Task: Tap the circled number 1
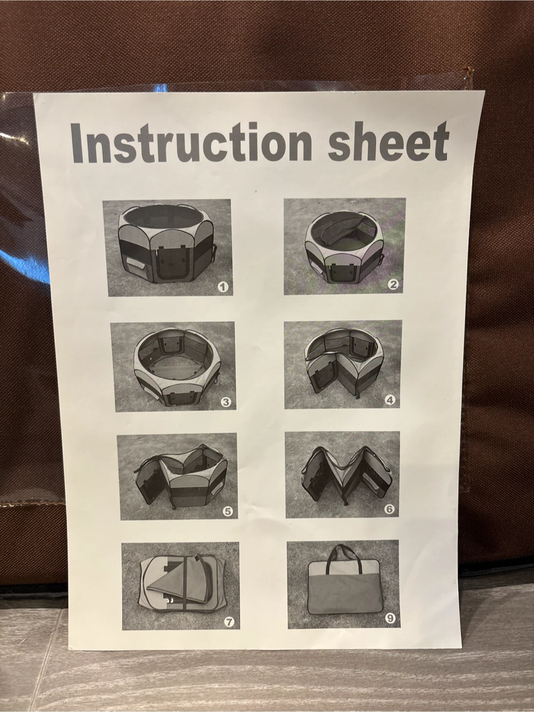click(223, 286)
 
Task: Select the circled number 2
click(393, 284)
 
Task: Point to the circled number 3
click(225, 402)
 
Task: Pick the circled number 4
click(390, 400)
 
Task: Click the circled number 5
click(228, 512)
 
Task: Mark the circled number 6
click(390, 509)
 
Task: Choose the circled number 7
click(229, 622)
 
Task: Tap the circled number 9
click(390, 618)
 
